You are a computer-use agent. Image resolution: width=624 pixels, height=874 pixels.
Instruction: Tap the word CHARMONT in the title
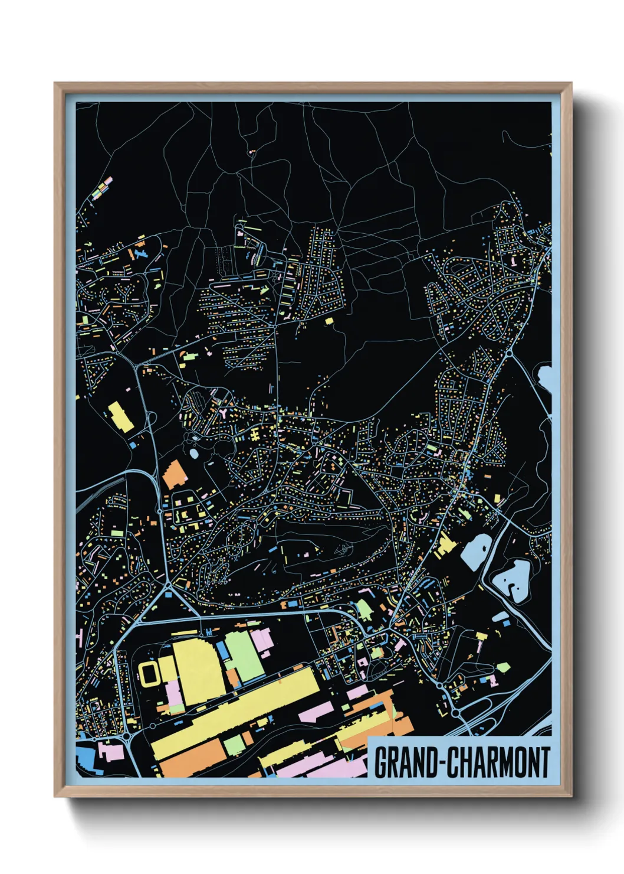coord(498,762)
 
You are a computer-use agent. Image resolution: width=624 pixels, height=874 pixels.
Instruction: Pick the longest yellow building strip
coord(236,709)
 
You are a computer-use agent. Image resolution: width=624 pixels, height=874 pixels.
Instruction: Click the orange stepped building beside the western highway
coord(173,474)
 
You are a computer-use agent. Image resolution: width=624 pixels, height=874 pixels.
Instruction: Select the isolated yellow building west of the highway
coord(120,416)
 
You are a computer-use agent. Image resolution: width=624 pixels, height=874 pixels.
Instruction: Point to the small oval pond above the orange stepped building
coord(194,454)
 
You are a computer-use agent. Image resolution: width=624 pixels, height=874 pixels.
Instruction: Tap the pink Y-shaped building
coord(224,412)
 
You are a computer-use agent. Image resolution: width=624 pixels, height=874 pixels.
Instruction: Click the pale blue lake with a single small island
coord(475,552)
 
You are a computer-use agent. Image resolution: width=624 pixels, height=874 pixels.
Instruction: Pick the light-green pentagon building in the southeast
coord(502,667)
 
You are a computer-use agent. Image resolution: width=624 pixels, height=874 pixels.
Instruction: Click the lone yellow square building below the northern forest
coord(329,321)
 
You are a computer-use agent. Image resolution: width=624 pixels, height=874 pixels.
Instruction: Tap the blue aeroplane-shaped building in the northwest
coord(139,253)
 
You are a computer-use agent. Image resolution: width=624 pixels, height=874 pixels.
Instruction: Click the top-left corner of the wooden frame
coord(55,84)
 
